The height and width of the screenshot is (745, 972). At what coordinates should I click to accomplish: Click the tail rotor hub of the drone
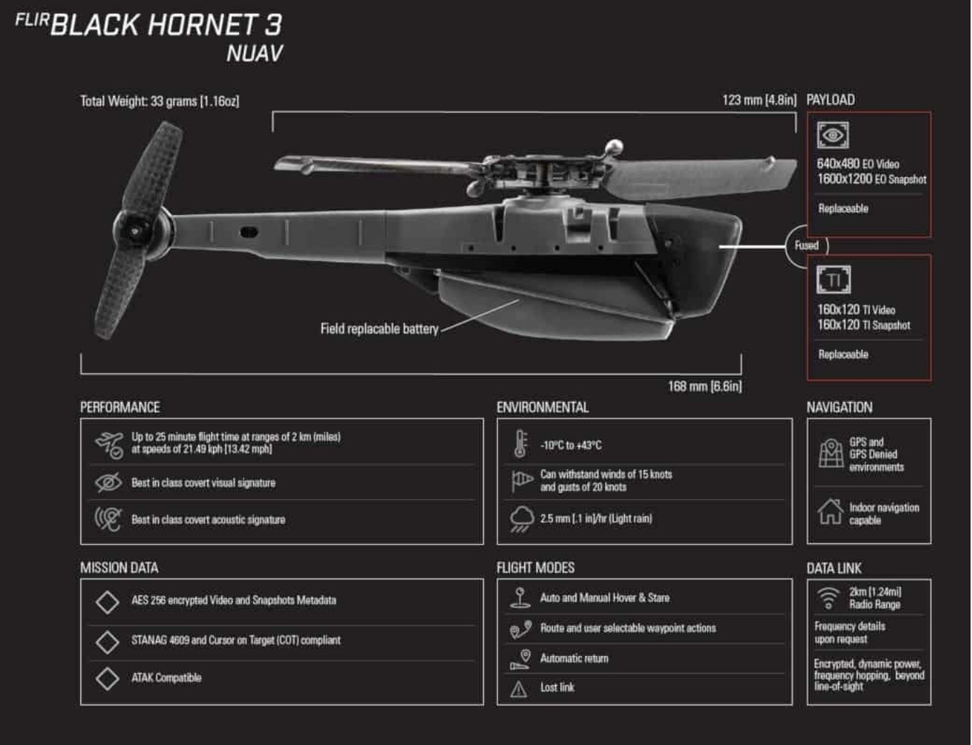tap(135, 231)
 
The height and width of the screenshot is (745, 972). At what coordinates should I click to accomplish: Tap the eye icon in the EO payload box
tap(832, 135)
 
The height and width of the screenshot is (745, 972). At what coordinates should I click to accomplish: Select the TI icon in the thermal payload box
tap(833, 280)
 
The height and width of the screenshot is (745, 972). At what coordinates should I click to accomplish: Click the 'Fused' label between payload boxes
tap(806, 246)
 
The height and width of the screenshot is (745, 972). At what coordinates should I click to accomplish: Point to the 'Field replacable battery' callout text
tap(379, 329)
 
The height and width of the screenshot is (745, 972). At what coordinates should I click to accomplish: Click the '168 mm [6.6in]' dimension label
tap(704, 387)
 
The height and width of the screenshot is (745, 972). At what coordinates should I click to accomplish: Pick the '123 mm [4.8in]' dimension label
tap(758, 100)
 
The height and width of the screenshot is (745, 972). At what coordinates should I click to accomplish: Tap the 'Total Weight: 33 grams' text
tap(159, 102)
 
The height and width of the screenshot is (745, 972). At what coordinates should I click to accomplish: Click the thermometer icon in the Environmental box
tap(521, 444)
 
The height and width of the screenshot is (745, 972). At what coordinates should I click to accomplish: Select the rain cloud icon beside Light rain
tap(521, 519)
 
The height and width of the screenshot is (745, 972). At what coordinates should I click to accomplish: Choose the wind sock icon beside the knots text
tap(521, 480)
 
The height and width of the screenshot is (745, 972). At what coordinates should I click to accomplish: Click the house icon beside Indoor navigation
tap(830, 511)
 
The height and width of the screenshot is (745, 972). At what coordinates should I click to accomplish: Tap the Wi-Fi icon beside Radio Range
tap(827, 598)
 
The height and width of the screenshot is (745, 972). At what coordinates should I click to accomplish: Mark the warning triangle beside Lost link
tap(518, 689)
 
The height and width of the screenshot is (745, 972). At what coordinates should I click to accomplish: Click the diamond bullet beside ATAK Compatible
tap(107, 678)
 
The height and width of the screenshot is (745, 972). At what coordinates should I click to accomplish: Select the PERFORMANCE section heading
tap(120, 408)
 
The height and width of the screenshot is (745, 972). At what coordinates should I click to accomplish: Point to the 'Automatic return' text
tap(573, 658)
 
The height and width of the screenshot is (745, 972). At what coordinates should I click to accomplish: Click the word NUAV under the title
tap(254, 54)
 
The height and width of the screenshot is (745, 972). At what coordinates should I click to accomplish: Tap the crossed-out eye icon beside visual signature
tap(108, 483)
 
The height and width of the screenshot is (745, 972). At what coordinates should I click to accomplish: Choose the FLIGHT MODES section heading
tap(535, 569)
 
